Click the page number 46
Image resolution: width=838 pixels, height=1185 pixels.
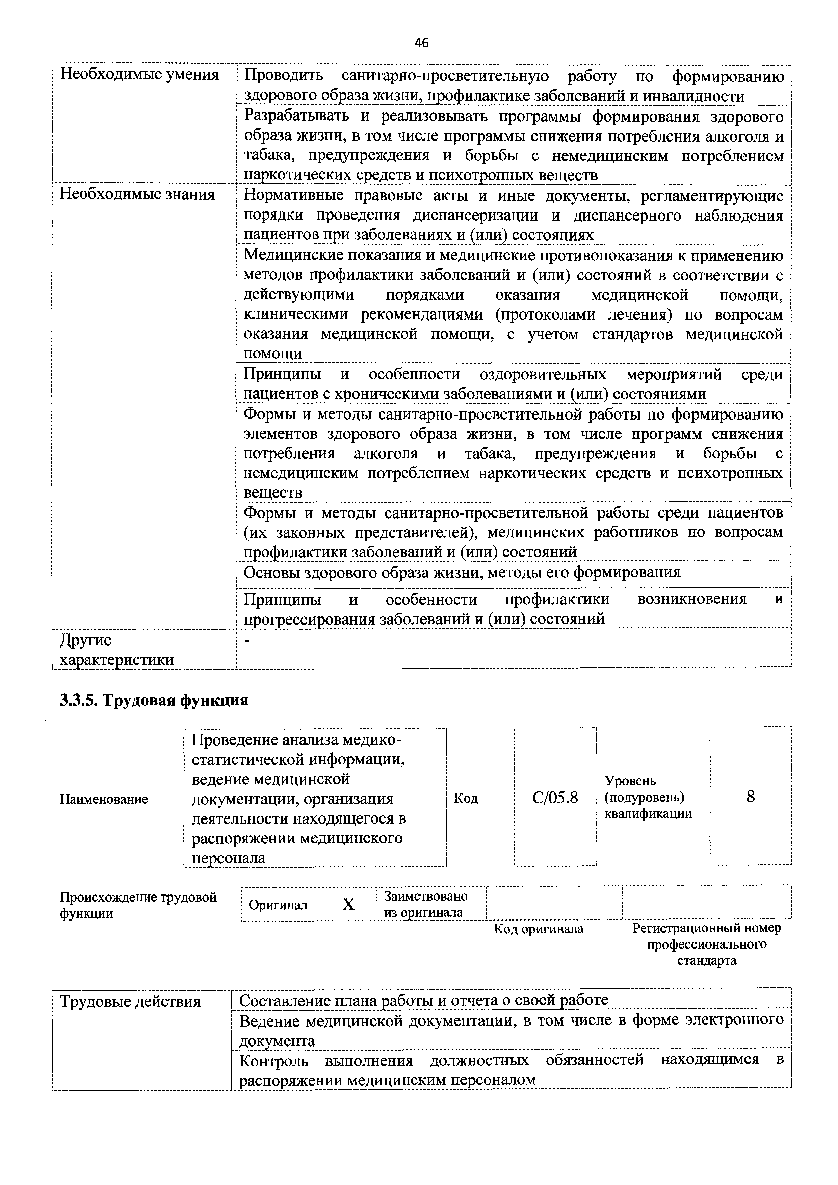[x=421, y=43]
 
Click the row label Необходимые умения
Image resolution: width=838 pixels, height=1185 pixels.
[x=139, y=75]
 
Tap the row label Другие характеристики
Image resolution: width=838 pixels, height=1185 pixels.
[x=116, y=650]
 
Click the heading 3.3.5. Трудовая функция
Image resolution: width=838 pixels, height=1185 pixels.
[x=154, y=700]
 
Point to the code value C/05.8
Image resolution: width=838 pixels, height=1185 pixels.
[x=555, y=798]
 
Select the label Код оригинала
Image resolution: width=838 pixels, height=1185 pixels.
[x=539, y=929]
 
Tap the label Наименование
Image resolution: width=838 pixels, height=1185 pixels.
[x=104, y=799]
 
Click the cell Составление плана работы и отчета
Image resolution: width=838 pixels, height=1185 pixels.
[x=423, y=1000]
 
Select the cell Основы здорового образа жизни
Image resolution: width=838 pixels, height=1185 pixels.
[x=462, y=572]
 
